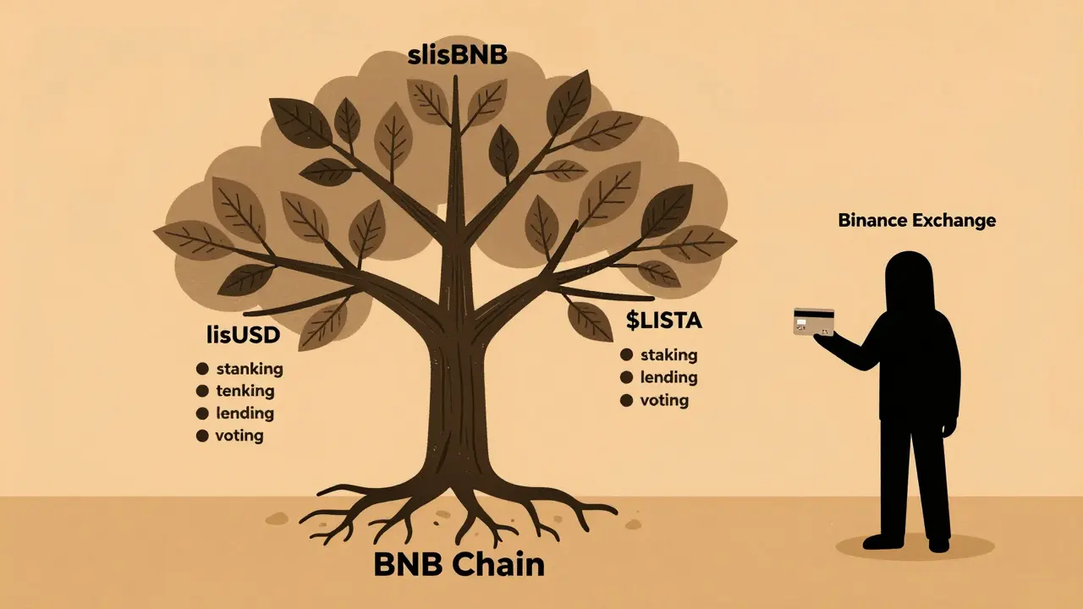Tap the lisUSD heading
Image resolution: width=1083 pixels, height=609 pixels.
coord(243,336)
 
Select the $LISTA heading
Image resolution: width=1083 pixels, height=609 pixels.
coord(664,321)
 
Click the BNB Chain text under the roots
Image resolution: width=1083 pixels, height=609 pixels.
coord(459,565)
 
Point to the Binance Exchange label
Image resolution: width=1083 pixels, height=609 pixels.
coord(916,221)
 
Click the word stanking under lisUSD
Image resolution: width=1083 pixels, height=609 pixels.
coord(250,369)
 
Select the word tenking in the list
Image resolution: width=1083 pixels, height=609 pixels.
coord(245,391)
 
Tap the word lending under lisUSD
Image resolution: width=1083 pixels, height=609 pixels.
coord(245,413)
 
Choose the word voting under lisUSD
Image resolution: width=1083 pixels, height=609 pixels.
coord(240,436)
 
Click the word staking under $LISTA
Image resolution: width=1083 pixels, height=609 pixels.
coord(668,355)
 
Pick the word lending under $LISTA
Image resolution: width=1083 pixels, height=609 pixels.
coord(668,377)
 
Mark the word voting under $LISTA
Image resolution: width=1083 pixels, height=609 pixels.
coord(664,399)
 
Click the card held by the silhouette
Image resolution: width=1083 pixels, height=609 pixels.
coord(813,321)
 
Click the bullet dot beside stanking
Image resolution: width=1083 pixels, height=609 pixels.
coord(202,369)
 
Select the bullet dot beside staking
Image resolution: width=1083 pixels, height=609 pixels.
coord(627,355)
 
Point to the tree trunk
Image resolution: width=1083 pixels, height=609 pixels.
coord(458,398)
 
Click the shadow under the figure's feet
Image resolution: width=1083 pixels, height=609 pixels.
coord(914,547)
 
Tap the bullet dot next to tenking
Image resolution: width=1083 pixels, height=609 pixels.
coord(202,391)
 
